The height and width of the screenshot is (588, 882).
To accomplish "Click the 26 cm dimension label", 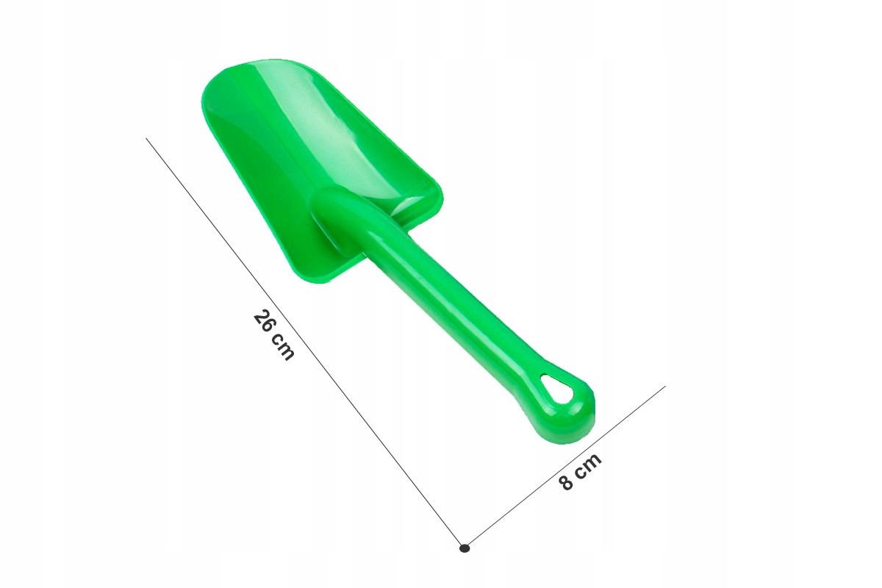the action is [x=273, y=335].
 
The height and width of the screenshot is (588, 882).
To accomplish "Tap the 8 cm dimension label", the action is [x=580, y=471].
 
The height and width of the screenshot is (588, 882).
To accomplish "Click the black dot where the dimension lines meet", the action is [x=465, y=548].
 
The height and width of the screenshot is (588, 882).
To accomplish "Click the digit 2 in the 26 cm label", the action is [x=261, y=317].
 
